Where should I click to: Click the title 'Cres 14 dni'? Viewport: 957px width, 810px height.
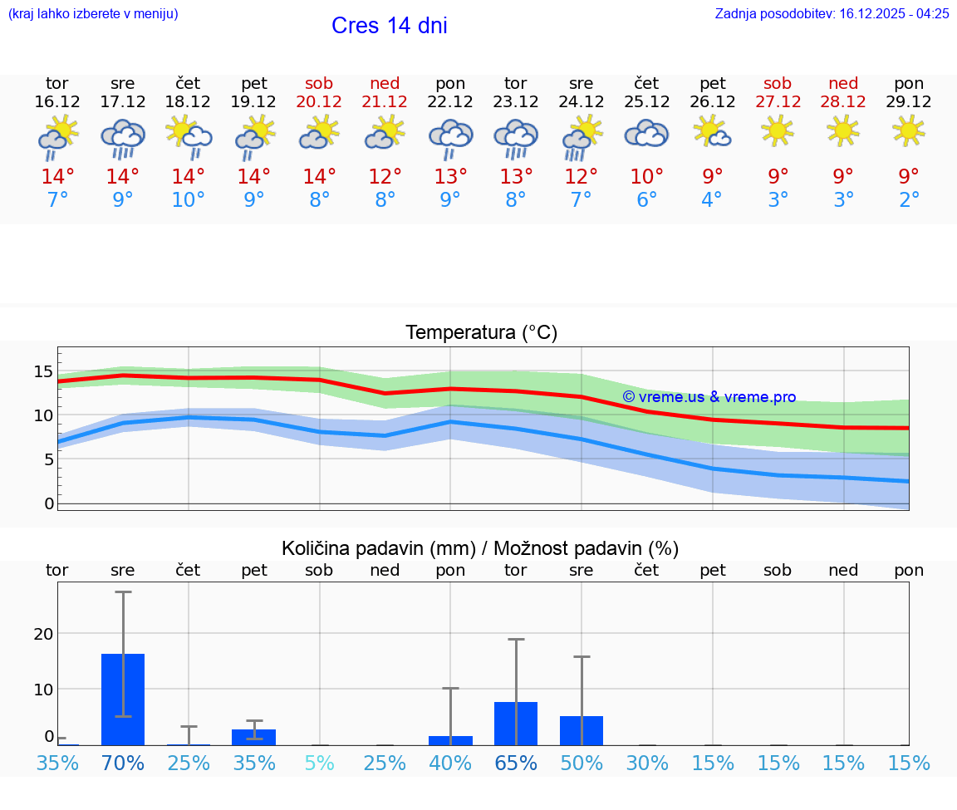click(x=389, y=26)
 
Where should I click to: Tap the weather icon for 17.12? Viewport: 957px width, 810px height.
click(x=123, y=138)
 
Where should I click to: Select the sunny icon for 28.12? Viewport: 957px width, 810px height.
click(x=843, y=130)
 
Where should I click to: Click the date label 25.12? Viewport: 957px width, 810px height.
click(x=646, y=102)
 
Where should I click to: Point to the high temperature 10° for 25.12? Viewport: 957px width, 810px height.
click(x=646, y=177)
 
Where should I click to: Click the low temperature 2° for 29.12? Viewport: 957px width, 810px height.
click(x=909, y=200)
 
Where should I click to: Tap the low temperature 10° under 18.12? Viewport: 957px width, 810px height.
click(x=189, y=200)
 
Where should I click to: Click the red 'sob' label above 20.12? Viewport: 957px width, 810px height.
click(x=319, y=84)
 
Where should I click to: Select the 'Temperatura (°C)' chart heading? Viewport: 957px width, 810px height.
click(x=481, y=333)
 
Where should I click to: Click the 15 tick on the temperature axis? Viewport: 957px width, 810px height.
click(x=43, y=371)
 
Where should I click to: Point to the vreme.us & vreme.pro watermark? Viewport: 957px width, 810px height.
click(x=709, y=397)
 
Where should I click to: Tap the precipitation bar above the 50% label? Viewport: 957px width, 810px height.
click(x=582, y=730)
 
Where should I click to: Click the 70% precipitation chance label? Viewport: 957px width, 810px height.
click(x=123, y=763)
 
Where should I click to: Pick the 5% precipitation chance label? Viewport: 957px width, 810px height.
click(x=319, y=763)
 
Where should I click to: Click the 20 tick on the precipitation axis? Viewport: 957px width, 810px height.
click(x=43, y=634)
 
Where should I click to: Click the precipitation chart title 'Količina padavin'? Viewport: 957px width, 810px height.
click(x=378, y=548)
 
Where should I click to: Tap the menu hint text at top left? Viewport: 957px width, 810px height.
click(x=93, y=13)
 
